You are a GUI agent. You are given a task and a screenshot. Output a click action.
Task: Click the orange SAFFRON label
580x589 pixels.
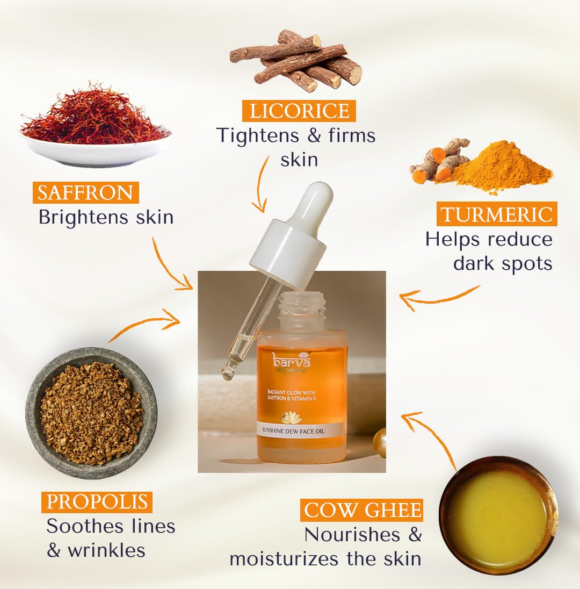85,192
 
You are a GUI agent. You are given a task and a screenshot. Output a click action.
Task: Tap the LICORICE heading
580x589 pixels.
299,111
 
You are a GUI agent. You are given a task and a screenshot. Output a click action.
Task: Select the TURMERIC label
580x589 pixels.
496,214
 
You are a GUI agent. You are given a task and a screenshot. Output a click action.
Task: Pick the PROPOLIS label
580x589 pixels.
97,501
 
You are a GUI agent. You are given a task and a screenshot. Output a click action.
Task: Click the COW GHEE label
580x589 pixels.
362,510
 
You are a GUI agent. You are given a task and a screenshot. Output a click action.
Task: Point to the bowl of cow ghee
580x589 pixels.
498,515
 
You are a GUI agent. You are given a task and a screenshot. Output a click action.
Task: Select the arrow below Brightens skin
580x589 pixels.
170,266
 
